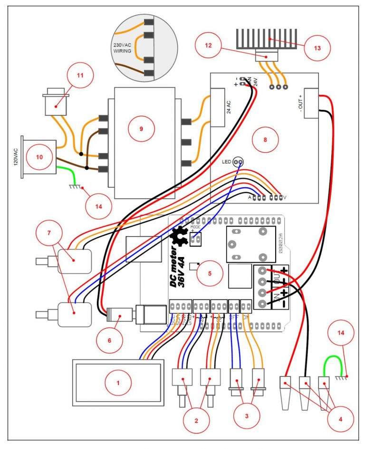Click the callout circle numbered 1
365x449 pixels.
click(x=118, y=384)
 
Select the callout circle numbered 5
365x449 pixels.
click(x=210, y=273)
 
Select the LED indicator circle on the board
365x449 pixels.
click(x=239, y=162)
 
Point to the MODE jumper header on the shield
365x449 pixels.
click(x=194, y=239)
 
